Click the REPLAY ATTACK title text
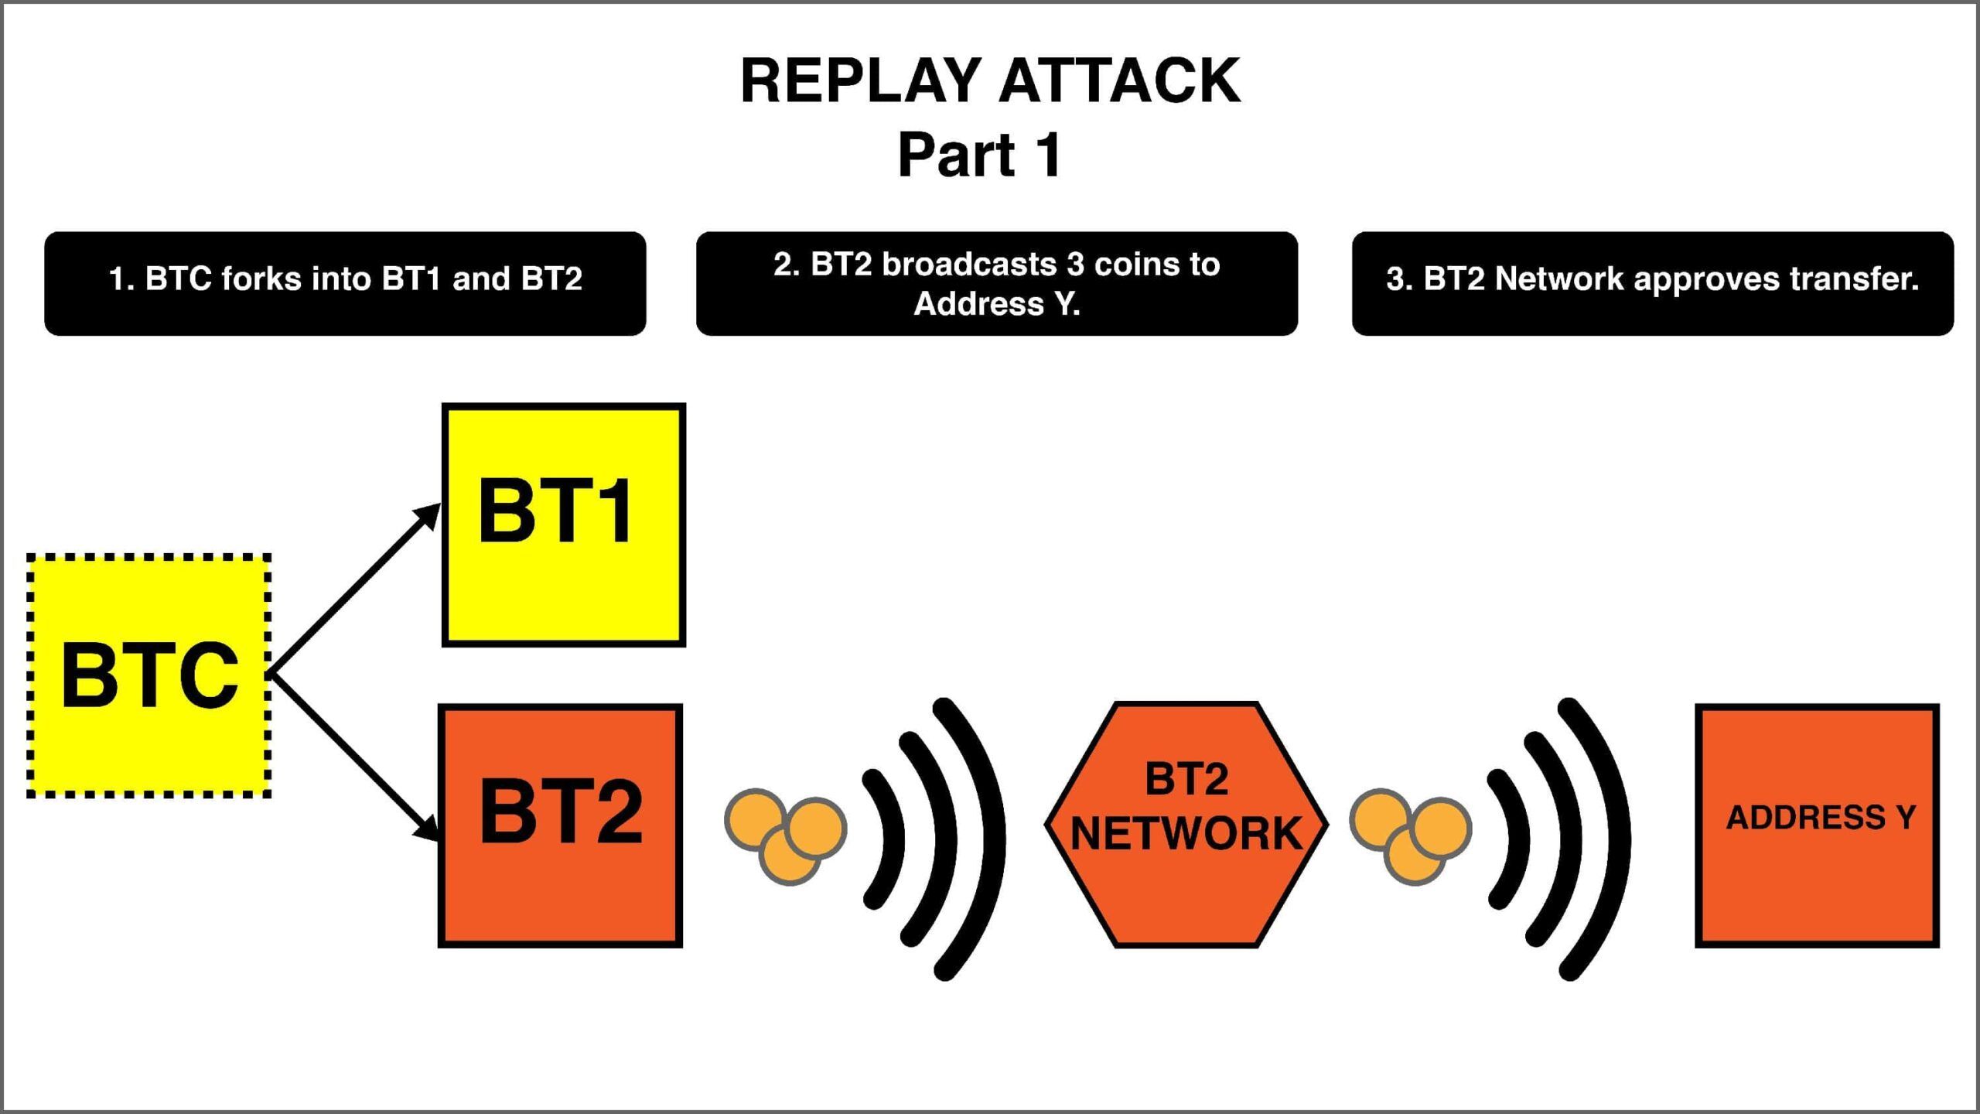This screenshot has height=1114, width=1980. pyautogui.click(x=990, y=80)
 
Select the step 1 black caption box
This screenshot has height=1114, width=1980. pyautogui.click(x=345, y=283)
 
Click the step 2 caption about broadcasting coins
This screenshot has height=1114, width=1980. pyautogui.click(x=996, y=283)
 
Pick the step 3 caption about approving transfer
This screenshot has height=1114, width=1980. pyautogui.click(x=1652, y=283)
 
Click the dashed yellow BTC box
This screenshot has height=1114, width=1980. pyautogui.click(x=148, y=675)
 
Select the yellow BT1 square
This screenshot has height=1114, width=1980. pyautogui.click(x=563, y=525)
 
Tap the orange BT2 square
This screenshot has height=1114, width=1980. pyautogui.click(x=560, y=825)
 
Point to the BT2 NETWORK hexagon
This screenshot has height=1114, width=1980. pyautogui.click(x=1186, y=825)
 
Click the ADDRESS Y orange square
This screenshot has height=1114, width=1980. pyautogui.click(x=1817, y=825)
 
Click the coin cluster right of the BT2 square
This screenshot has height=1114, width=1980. pyautogui.click(x=786, y=835)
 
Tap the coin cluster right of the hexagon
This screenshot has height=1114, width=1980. pyautogui.click(x=1411, y=835)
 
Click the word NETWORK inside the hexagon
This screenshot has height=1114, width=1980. pyautogui.click(x=1186, y=834)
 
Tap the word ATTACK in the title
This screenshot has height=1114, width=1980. pyautogui.click(x=1120, y=80)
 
